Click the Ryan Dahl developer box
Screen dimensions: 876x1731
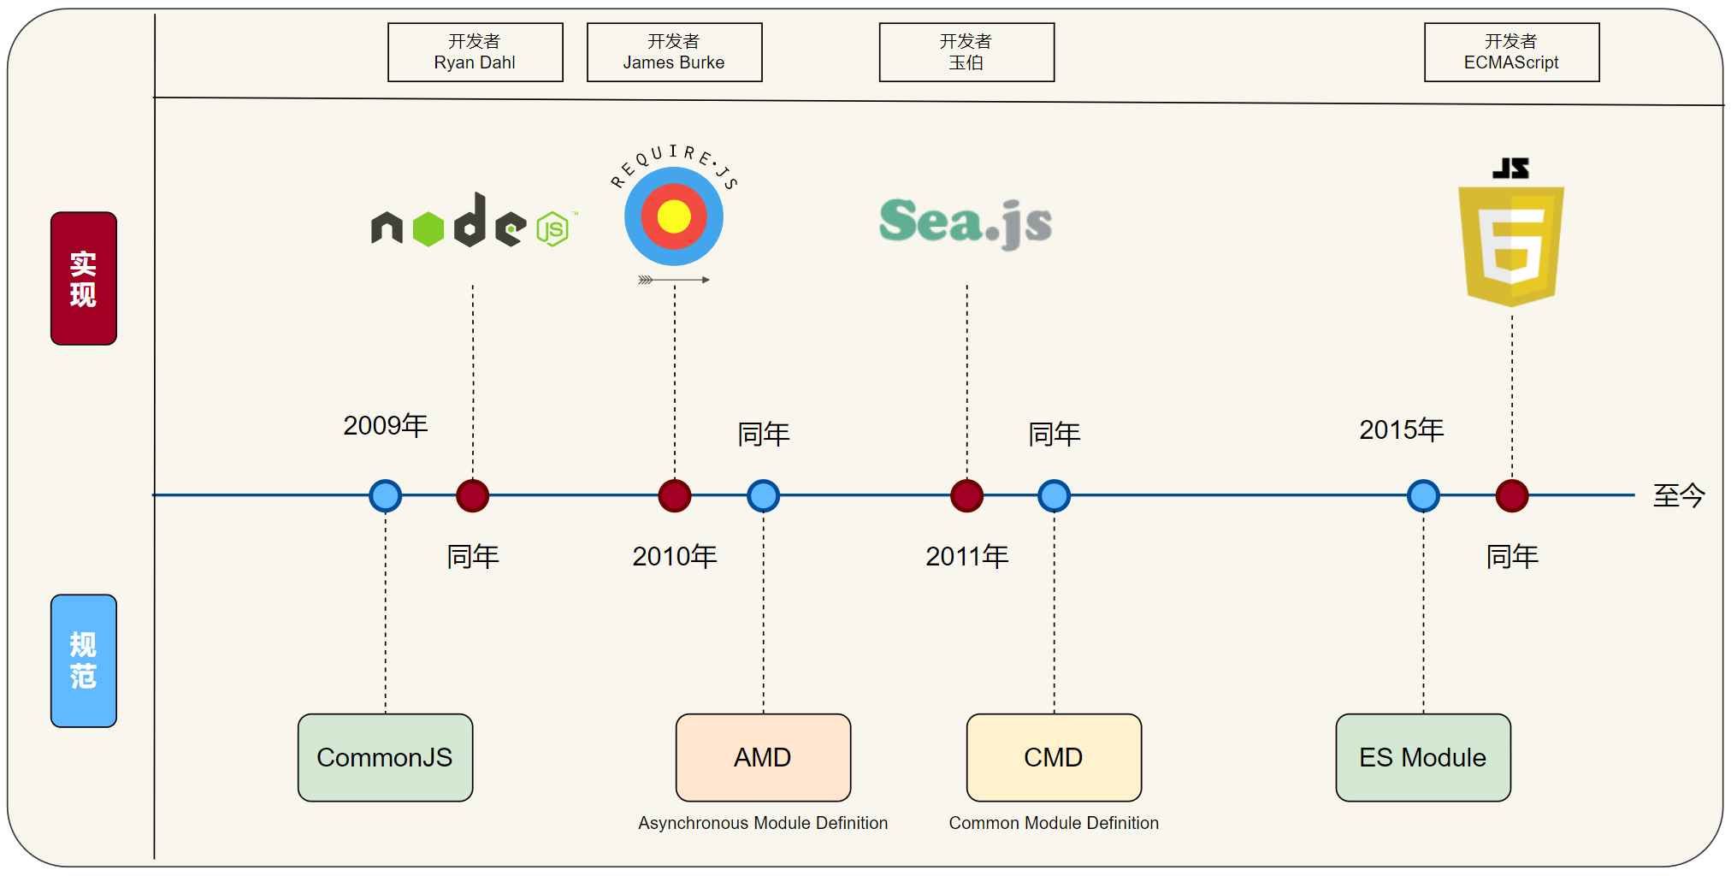[x=475, y=52]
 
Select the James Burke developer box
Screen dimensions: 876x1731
[x=674, y=52]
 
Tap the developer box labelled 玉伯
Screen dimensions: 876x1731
[x=966, y=52]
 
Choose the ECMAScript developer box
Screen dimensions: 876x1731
[x=1511, y=52]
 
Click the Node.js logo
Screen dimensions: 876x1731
[x=473, y=222]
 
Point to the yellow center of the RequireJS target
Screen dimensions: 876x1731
[x=674, y=216]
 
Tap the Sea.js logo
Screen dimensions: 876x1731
[x=966, y=222]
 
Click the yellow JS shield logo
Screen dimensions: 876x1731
[x=1511, y=244]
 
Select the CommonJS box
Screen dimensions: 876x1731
[x=385, y=757]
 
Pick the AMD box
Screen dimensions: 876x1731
[x=763, y=757]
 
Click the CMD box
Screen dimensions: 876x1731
[x=1054, y=757]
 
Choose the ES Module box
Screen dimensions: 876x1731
[x=1423, y=757]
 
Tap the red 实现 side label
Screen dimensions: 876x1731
[x=84, y=279]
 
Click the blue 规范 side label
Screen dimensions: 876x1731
[x=84, y=660]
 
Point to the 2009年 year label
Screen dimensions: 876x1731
[x=386, y=425]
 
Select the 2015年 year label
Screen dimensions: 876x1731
[x=1402, y=429]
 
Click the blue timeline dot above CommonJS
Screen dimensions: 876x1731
[x=385, y=495]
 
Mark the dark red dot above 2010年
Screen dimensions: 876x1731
[x=675, y=495]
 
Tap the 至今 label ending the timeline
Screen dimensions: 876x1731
[x=1679, y=495]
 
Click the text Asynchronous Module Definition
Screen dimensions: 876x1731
[x=763, y=823]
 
